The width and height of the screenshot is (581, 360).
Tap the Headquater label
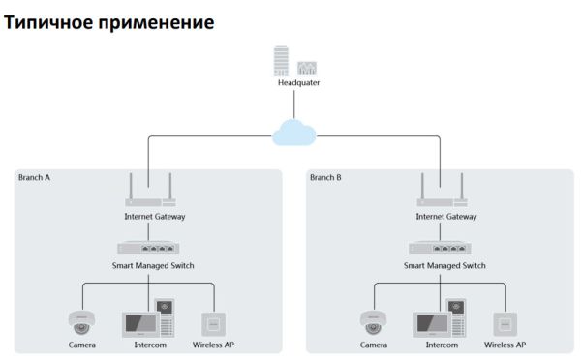(298, 83)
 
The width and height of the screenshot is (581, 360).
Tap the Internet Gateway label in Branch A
(149, 217)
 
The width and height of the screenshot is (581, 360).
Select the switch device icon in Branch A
(148, 248)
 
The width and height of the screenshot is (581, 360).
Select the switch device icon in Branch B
(440, 248)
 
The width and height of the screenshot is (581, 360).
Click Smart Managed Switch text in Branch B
(441, 264)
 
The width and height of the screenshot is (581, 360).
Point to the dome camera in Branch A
(81, 321)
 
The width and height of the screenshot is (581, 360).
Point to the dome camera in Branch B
(373, 321)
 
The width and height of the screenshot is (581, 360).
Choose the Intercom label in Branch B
(442, 345)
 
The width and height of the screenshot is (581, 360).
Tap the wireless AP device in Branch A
(214, 323)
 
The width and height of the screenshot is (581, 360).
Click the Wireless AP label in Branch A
(214, 345)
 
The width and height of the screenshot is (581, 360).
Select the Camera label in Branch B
(374, 345)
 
